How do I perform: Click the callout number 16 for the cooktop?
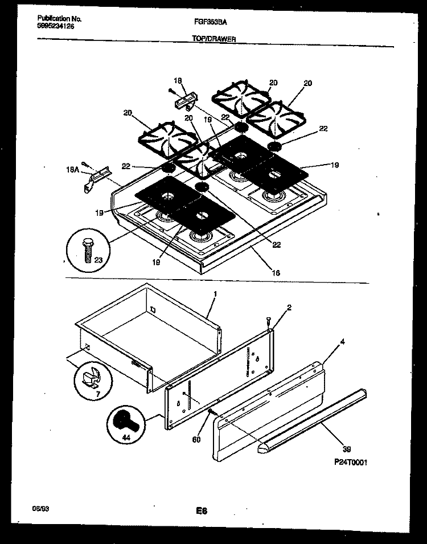[x=275, y=273]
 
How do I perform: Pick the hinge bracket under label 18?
[x=184, y=103]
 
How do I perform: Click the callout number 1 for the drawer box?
[x=215, y=295]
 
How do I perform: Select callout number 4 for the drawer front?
[x=343, y=342]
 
